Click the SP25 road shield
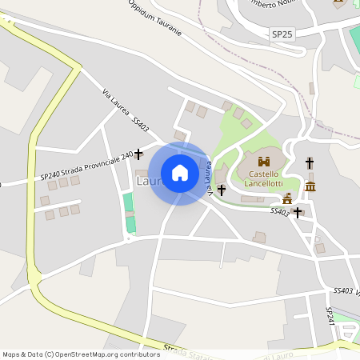pos(282,34)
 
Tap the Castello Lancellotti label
pos(264,178)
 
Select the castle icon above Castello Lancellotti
pos(264,162)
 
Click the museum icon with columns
pos(310,186)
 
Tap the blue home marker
pos(180,173)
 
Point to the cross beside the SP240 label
pos(138,153)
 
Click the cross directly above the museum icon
pos(310,163)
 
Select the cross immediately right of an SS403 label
pos(298,213)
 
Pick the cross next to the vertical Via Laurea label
pos(222,190)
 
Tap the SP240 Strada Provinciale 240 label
pos(86,166)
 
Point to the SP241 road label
pos(329,314)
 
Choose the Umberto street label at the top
pos(263,5)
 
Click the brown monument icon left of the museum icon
pos(287,198)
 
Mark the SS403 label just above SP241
pos(342,291)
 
